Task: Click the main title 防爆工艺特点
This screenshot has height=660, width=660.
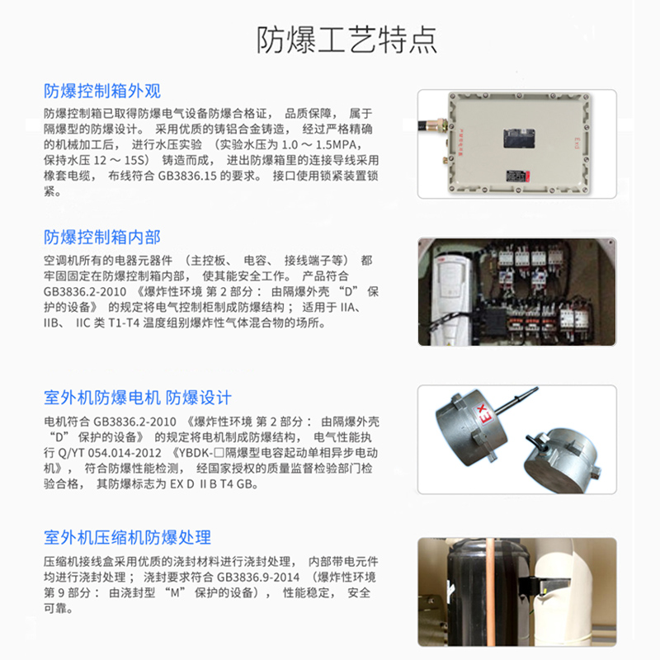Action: [346, 40]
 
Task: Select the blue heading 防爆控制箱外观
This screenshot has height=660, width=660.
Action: [102, 91]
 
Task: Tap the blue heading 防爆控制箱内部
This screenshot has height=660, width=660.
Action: [102, 237]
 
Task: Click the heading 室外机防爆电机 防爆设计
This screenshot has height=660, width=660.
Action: [138, 397]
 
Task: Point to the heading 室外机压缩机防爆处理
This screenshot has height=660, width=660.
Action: [127, 538]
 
